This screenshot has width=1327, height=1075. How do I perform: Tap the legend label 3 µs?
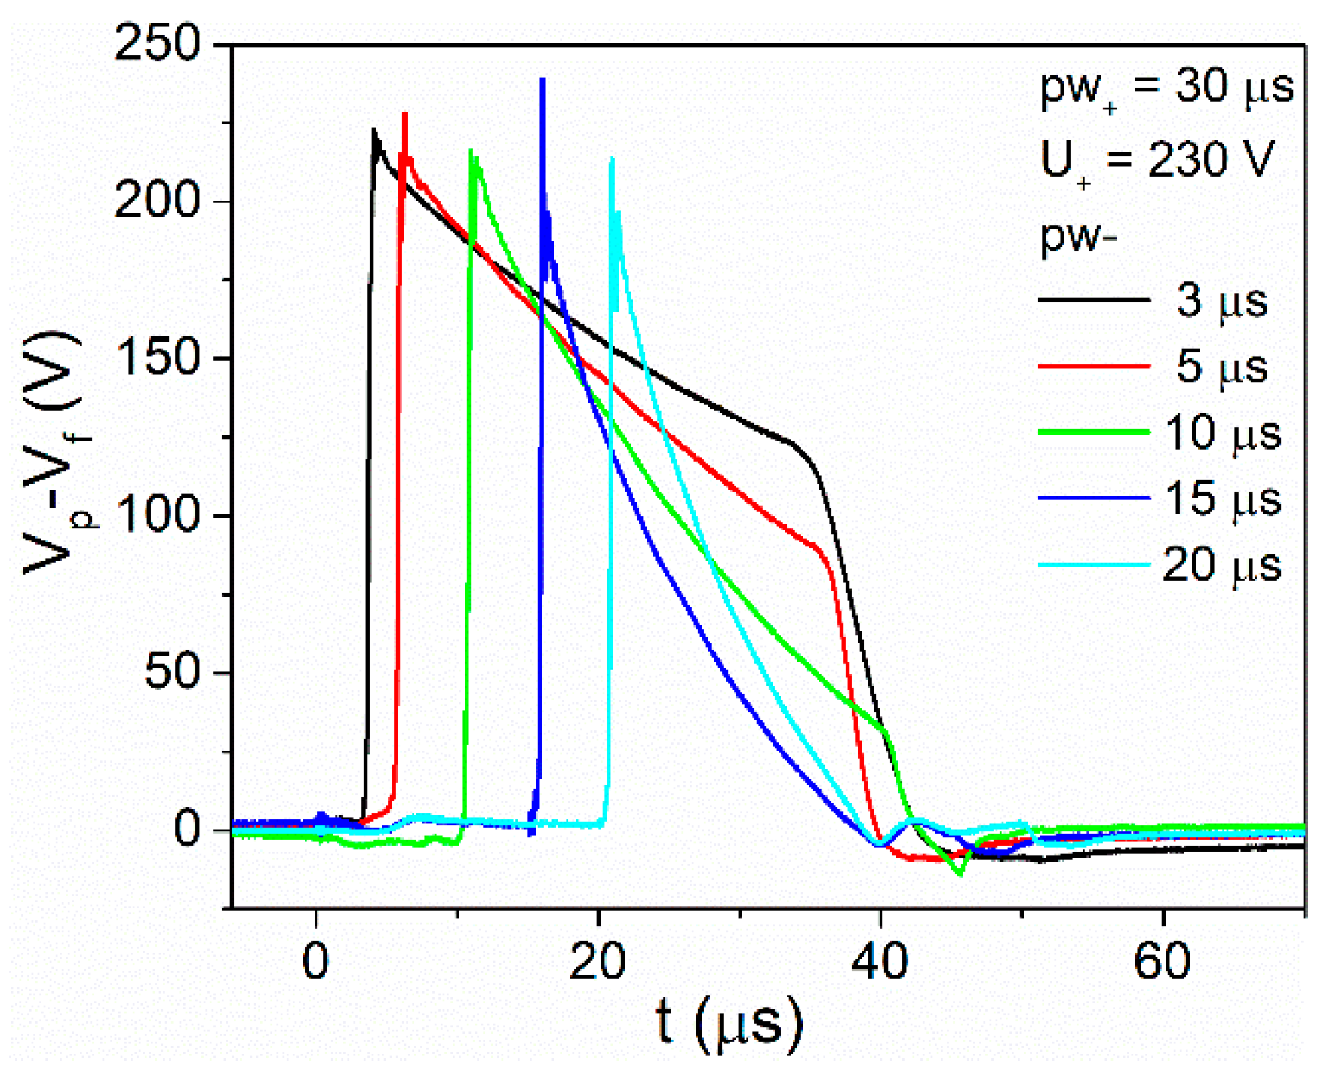click(x=1221, y=300)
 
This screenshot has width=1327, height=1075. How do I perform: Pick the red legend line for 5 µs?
click(x=1093, y=367)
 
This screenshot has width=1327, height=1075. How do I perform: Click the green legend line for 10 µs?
click(x=1093, y=432)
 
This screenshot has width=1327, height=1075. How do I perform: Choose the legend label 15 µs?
click(x=1221, y=499)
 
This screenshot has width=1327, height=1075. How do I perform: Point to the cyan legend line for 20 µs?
click(x=1093, y=564)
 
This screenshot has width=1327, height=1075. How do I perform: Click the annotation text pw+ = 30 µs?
click(x=1166, y=89)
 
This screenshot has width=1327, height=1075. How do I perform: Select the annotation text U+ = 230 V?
click(x=1155, y=161)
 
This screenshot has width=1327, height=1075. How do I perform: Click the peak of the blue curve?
click(x=542, y=79)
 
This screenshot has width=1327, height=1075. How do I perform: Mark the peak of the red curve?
click(x=405, y=114)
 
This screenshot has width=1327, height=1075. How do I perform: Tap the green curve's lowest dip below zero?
click(x=960, y=874)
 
